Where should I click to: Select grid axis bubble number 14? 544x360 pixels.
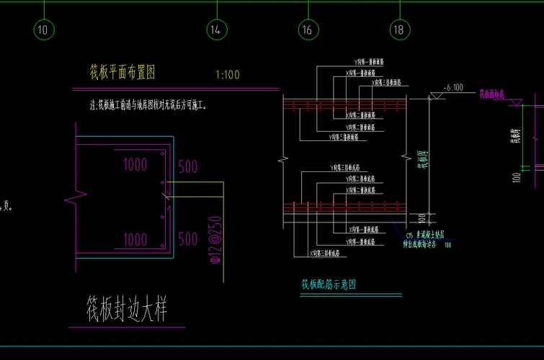tap(215, 30)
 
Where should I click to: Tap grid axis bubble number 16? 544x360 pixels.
tap(308, 30)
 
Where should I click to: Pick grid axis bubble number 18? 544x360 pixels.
tap(399, 30)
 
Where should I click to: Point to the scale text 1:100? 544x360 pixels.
tap(227, 74)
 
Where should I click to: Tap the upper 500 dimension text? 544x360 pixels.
tap(187, 167)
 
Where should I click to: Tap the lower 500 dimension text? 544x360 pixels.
tap(187, 239)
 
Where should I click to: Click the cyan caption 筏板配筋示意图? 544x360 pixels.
tap(329, 284)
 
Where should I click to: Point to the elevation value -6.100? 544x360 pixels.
tap(453, 87)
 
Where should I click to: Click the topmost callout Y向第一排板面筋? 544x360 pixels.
tap(371, 63)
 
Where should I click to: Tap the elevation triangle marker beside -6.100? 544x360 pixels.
tap(437, 96)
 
